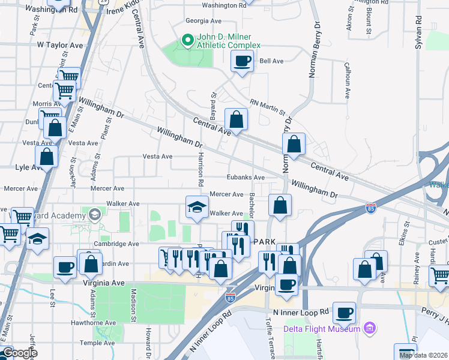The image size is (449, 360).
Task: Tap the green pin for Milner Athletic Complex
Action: tap(187, 41)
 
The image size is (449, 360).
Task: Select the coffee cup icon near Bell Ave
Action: tap(242, 61)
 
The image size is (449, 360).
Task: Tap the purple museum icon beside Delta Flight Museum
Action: tap(369, 328)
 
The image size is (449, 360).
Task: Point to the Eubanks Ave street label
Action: tap(246, 178)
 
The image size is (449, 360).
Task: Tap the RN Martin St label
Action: tap(267, 107)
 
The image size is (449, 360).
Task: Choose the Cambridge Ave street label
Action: tap(117, 244)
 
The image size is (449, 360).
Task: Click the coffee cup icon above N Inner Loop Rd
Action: tap(345, 313)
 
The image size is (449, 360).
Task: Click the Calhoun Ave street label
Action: tap(347, 80)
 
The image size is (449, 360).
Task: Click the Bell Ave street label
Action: tap(271, 61)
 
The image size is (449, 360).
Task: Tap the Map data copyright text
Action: tap(423, 355)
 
